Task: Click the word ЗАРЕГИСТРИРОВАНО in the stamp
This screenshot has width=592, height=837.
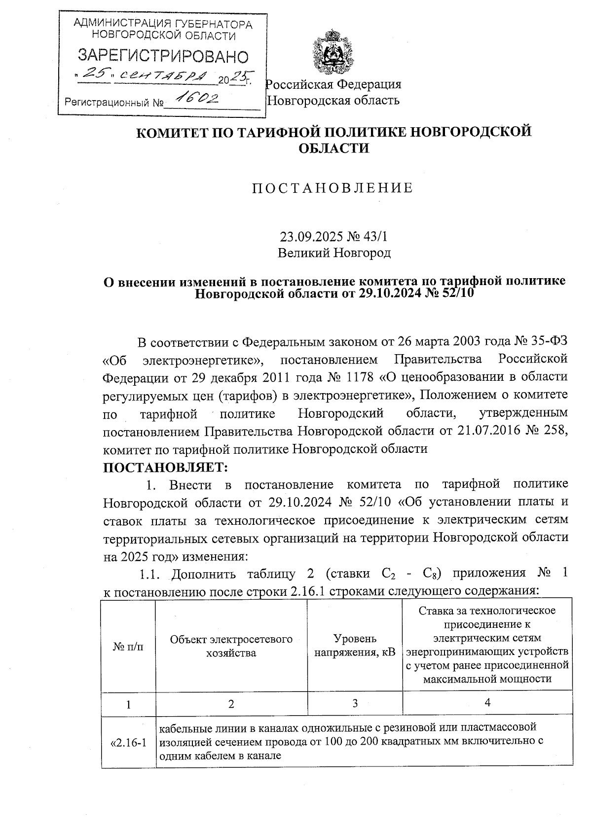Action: point(163,56)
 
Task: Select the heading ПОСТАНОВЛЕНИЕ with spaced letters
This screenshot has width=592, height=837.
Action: point(333,188)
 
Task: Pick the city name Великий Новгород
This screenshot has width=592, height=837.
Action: point(334,254)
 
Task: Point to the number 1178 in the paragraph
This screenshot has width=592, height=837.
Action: point(359,377)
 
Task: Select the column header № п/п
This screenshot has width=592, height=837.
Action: point(128,646)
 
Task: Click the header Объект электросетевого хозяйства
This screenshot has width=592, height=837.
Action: point(231,646)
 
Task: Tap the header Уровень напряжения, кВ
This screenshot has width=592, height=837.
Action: point(355,646)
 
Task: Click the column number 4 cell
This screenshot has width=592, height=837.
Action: point(487,703)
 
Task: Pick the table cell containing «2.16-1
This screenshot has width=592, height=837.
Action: point(128,742)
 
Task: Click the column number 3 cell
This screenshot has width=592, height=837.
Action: point(355,703)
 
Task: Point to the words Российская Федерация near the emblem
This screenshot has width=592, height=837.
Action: point(334,84)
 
